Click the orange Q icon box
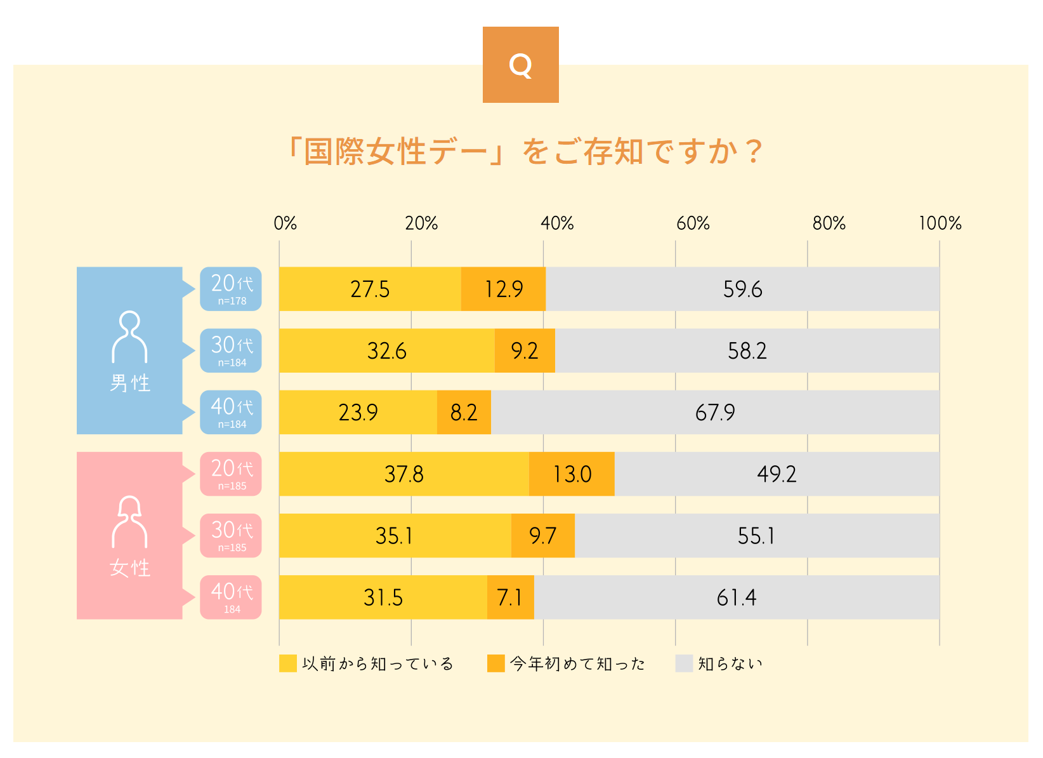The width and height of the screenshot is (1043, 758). coord(520,65)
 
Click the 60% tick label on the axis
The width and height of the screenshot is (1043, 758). coord(693,223)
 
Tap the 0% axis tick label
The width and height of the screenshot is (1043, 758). coord(285,223)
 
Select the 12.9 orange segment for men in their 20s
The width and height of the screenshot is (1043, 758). coord(503,289)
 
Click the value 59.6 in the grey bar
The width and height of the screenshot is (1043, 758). coord(742,289)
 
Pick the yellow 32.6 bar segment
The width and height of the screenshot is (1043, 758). coord(386,351)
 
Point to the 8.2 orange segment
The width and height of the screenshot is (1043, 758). coord(464,413)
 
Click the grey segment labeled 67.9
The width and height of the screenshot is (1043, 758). coord(715,413)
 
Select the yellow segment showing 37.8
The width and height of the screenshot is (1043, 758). coord(403,474)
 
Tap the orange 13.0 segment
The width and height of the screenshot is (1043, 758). coord(572,474)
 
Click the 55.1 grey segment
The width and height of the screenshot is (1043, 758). coord(756,536)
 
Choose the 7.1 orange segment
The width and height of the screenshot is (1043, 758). coord(510,597)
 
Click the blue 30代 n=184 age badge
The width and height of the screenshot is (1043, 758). coord(231,350)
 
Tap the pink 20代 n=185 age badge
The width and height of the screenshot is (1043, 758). coord(231,474)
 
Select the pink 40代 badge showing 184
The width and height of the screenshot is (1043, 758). coord(231,597)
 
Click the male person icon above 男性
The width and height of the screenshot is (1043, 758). coord(129,336)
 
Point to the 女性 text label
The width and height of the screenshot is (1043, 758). coord(129,568)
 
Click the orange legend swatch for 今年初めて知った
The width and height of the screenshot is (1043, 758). coord(495,663)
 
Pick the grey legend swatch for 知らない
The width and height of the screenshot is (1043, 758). coord(684,663)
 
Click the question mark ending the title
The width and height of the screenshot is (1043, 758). coord(753,152)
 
